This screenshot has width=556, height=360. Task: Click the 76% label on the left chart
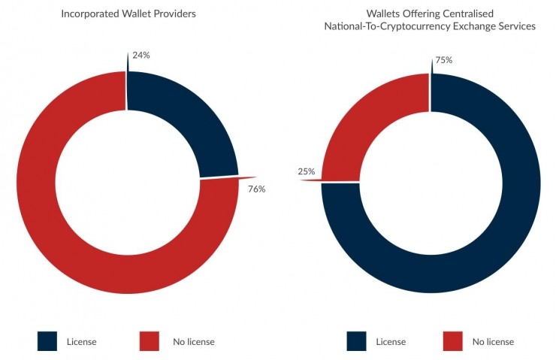[x=256, y=189]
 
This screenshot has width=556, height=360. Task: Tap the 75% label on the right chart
[x=443, y=60]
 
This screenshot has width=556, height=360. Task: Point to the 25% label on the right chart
[x=306, y=171]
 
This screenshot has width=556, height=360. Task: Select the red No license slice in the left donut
[x=75, y=225]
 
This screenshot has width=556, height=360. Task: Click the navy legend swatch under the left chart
[x=47, y=341]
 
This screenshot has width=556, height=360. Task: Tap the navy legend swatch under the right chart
[x=356, y=341]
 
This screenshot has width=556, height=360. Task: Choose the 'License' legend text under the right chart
[x=391, y=342]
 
